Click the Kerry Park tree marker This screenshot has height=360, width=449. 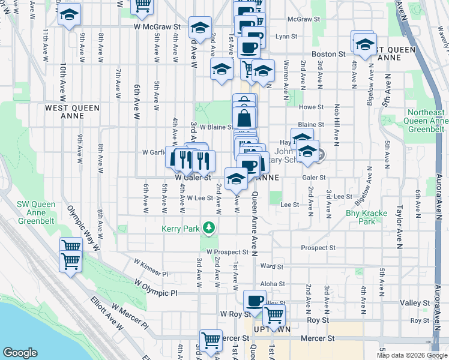(209, 227)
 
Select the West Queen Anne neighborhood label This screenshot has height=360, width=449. (72, 112)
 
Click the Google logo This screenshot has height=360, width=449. (20, 353)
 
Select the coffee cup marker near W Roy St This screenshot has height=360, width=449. (255, 301)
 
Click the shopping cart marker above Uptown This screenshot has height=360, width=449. (274, 314)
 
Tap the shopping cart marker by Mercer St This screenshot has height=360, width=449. (211, 340)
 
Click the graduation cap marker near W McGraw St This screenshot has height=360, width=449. (200, 27)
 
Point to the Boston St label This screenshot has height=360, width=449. (329, 53)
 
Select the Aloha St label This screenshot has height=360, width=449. (272, 283)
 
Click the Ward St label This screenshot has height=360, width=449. (272, 266)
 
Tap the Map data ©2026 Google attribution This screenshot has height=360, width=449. (412, 355)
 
